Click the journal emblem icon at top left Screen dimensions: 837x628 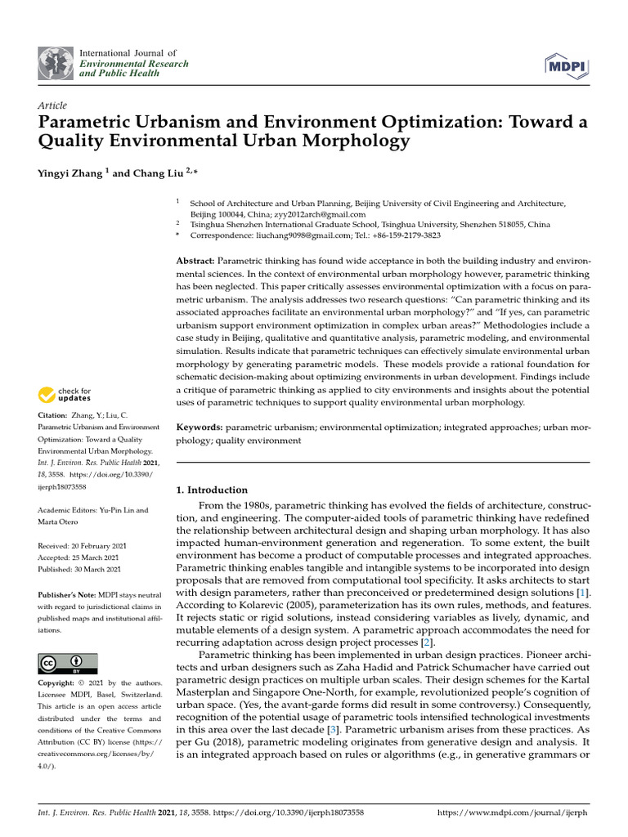[56, 64]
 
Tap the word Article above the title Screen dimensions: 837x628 [52, 105]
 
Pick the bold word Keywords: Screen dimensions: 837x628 [200, 427]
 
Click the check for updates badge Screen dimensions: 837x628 [65, 396]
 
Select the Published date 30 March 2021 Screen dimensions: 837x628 [80, 569]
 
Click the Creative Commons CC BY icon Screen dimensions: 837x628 [68, 663]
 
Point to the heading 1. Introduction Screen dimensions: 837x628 [212, 490]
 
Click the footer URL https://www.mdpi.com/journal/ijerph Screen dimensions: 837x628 [513, 813]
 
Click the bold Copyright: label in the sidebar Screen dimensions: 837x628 [56, 683]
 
